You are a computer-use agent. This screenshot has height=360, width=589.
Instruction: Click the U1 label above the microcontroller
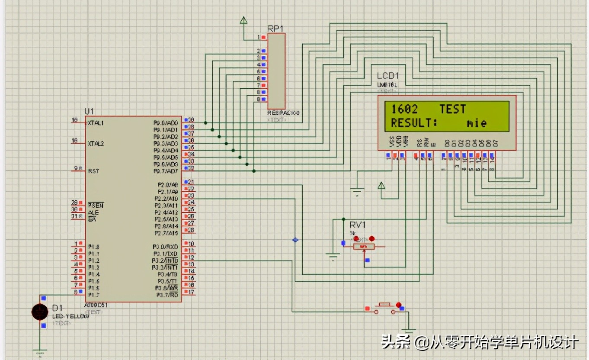[x=89, y=111]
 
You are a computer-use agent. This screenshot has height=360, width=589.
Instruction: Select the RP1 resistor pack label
[x=275, y=29]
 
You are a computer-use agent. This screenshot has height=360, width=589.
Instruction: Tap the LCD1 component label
[x=388, y=76]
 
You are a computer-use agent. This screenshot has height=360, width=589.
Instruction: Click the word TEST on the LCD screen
[x=453, y=109]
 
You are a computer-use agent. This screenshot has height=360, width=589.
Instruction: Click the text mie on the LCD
[x=477, y=123]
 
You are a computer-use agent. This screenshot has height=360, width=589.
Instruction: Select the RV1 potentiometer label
[x=358, y=225]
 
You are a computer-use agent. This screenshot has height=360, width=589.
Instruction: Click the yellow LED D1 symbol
[x=40, y=312]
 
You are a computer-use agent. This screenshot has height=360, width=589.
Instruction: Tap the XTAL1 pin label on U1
[x=96, y=123]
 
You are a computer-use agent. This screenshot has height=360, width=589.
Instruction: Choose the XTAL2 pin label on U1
[x=96, y=143]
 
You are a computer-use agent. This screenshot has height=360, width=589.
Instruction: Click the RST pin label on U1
[x=93, y=171]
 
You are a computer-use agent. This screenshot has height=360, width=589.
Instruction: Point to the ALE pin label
[x=93, y=212]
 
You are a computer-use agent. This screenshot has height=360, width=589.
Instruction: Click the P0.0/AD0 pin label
[x=166, y=123]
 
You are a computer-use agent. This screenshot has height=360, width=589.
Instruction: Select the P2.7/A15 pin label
[x=166, y=233]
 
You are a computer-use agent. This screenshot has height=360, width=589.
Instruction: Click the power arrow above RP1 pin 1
[x=244, y=20]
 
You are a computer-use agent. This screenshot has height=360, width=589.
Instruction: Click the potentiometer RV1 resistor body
[x=364, y=247]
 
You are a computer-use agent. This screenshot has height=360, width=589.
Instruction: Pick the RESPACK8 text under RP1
[x=283, y=113]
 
